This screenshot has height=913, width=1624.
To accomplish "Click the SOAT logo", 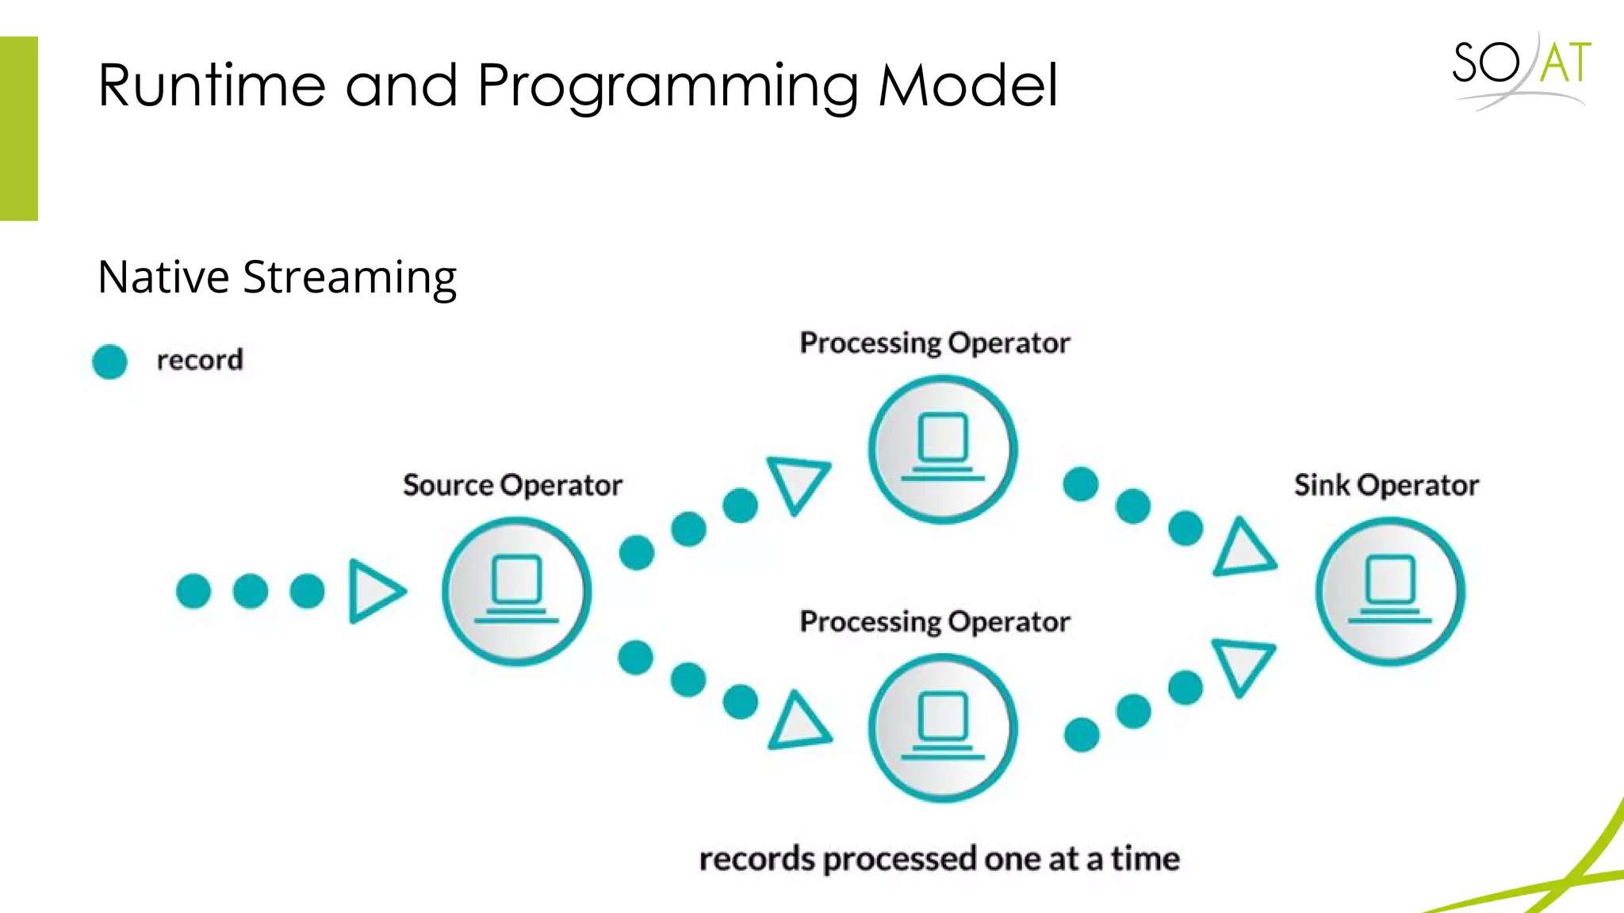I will tap(1521, 70).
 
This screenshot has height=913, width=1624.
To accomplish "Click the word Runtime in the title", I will tap(212, 85).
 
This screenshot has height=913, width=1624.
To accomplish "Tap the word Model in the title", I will tap(968, 85).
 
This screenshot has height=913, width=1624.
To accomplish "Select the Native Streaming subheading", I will tap(277, 277).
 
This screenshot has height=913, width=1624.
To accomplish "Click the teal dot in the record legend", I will tap(109, 361).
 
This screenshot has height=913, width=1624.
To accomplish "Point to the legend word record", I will tap(200, 361).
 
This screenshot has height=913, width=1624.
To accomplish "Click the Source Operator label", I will tap(512, 485).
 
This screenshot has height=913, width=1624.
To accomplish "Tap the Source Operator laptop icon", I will tap(516, 591).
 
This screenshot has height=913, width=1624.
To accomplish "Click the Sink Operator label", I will tap(1386, 485).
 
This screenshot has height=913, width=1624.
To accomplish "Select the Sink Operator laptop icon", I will tap(1390, 591).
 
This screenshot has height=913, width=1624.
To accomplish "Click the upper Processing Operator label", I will tap(934, 343).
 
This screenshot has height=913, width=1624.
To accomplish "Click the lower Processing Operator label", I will tap(934, 622).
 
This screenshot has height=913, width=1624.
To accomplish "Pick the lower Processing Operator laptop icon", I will tap(943, 728).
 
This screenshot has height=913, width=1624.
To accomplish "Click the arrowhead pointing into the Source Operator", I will tap(374, 591).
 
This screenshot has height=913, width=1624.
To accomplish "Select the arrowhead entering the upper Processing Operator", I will tap(798, 481).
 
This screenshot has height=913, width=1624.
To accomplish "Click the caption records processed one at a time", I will tap(939, 859).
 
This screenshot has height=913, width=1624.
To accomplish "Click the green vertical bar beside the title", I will tap(19, 128).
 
